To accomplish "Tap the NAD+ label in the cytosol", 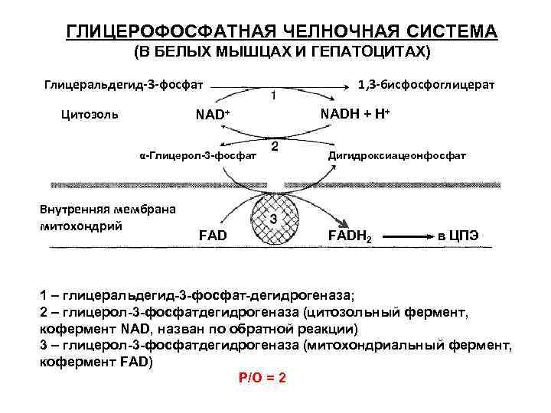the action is coord(213,115).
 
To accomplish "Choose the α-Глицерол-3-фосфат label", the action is coord(197,155).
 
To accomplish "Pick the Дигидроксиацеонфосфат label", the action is coord(396,155).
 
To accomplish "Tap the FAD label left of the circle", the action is coord(213,235).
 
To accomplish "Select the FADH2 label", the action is coord(350,235).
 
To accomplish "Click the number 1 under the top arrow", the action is coord(273,97).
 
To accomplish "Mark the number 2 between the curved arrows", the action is coord(274,145).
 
